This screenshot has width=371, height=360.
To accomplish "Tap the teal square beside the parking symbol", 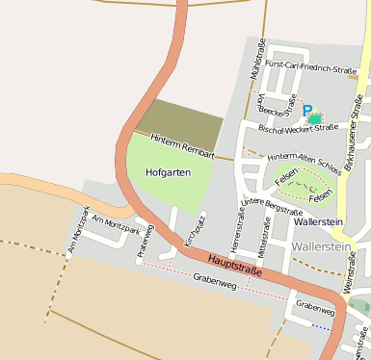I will pyautogui.click(x=315, y=118).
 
